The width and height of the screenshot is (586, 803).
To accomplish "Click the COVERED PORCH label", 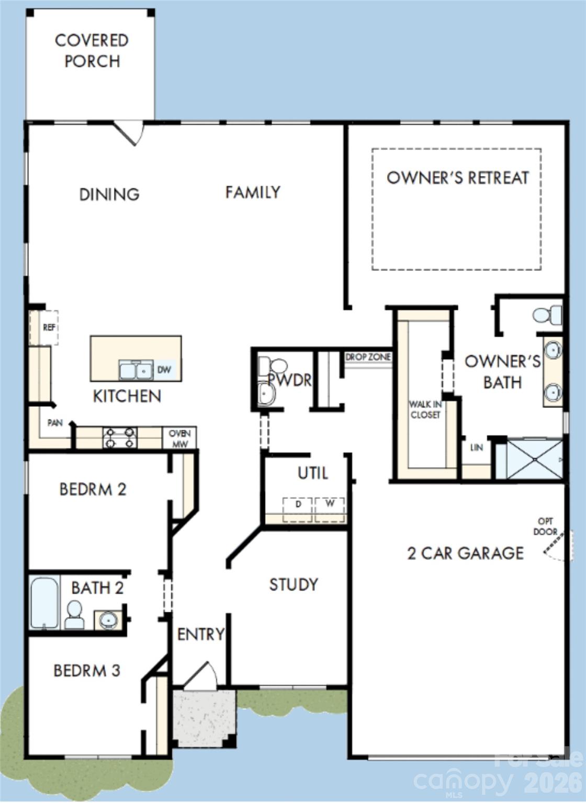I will click(x=92, y=51).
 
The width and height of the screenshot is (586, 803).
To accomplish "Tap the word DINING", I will click(x=109, y=194).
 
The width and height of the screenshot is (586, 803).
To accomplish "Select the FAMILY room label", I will click(x=253, y=192).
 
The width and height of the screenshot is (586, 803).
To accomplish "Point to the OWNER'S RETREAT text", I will click(x=458, y=178).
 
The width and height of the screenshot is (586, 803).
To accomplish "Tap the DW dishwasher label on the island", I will click(x=164, y=370).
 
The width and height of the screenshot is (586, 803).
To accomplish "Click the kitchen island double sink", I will click(x=136, y=370).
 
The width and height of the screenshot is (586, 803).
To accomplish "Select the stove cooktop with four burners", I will click(x=120, y=438).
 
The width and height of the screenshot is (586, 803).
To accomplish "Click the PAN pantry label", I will click(x=55, y=422).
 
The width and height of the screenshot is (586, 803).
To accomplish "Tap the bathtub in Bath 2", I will click(x=44, y=602).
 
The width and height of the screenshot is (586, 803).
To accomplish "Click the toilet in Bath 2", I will click(x=74, y=614).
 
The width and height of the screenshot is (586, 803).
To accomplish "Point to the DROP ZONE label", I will click(x=368, y=357).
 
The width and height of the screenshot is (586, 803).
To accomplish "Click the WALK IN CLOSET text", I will click(x=425, y=409).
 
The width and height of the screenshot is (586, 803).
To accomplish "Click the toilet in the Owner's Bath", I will click(x=546, y=315).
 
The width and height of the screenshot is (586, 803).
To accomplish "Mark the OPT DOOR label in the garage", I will click(x=545, y=526).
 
